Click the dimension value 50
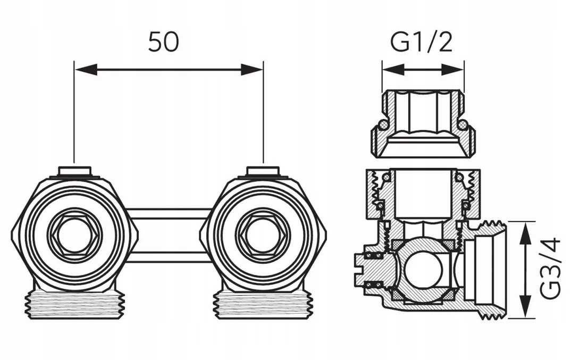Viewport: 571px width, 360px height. pyautogui.click(x=163, y=42)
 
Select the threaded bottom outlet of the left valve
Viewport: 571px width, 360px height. pyautogui.click(x=75, y=305)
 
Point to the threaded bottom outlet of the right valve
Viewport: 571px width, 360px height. pyautogui.click(x=263, y=305)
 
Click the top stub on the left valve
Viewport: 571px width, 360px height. pyautogui.click(x=74, y=171)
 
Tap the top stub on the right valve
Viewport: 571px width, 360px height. pyautogui.click(x=263, y=171)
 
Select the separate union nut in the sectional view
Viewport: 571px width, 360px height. pyautogui.click(x=423, y=124)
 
